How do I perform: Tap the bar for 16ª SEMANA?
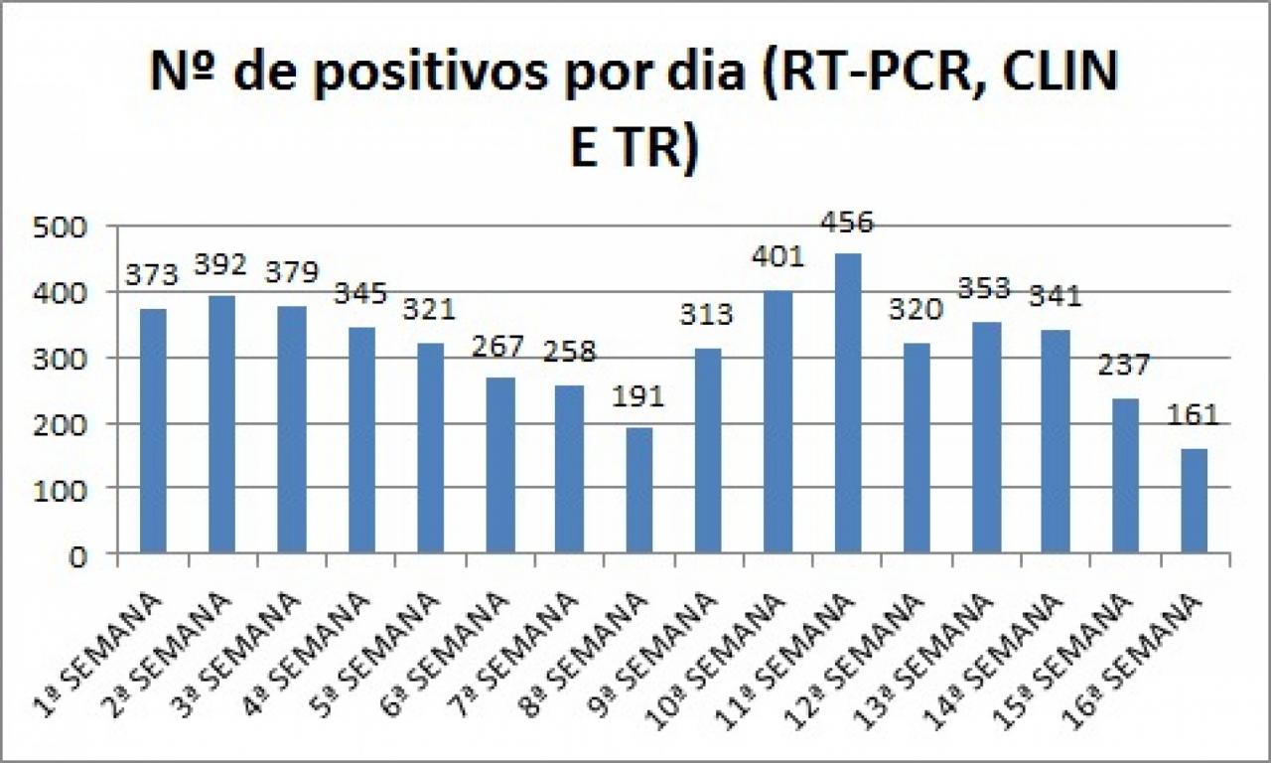1195,501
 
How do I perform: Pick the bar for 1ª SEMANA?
153,431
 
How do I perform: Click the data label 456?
847,222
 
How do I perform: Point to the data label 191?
637,395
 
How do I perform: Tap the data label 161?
1194,414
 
